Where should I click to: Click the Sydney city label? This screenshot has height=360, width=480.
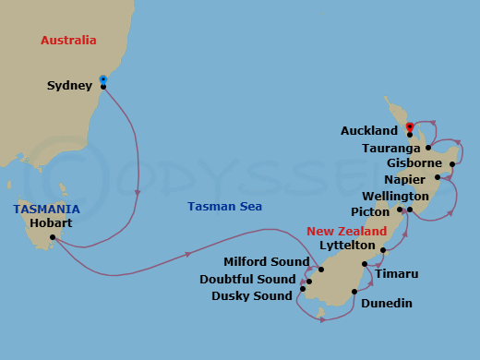click(x=69, y=86)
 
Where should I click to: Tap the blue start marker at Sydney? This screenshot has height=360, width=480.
click(x=103, y=79)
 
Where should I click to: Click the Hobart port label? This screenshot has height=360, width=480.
click(x=51, y=222)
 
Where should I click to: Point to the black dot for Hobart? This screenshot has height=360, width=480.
click(x=53, y=237)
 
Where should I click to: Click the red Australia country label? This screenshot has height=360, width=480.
click(x=68, y=41)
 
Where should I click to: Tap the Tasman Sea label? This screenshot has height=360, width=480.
click(x=224, y=207)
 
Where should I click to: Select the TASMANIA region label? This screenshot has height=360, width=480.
click(x=46, y=209)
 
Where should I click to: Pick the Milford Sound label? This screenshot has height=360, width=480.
click(x=266, y=262)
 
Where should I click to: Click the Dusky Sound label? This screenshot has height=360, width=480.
click(x=251, y=295)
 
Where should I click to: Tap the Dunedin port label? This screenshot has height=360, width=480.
click(x=386, y=303)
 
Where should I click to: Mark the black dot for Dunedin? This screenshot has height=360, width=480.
click(x=354, y=293)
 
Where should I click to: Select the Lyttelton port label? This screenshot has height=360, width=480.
click(x=346, y=246)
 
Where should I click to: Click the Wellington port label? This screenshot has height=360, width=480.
click(x=395, y=197)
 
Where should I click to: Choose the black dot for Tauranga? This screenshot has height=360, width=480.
click(x=428, y=148)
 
